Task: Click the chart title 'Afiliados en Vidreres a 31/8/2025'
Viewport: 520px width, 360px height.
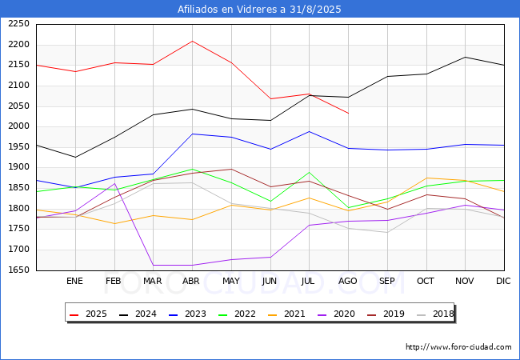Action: coord(260,10)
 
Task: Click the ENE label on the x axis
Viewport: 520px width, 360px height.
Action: coord(74,282)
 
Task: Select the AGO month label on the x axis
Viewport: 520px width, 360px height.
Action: coord(348,282)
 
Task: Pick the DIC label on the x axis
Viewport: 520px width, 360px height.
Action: coord(503,282)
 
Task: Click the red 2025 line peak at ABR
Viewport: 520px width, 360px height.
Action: coord(192,41)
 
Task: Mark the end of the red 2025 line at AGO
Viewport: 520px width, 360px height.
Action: coord(348,114)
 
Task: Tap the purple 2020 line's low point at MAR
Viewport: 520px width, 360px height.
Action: coord(153,265)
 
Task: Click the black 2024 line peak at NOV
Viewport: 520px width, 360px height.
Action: coord(465,57)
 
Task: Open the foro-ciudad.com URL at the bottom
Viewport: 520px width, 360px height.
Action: coord(458,347)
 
